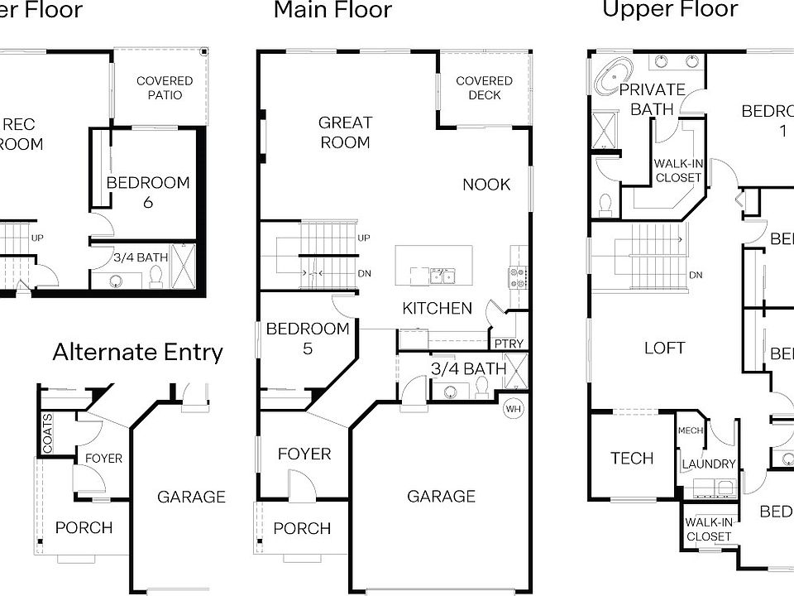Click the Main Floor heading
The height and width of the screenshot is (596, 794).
pos(332,11)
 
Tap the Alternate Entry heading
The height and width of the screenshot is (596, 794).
pos(137,352)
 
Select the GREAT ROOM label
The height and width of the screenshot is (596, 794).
pos(346,132)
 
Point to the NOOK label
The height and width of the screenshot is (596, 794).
pos(486,185)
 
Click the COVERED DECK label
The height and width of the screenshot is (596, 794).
pos(484,88)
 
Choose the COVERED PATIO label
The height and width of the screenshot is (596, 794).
pos(165,88)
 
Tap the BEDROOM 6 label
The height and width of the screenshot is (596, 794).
pos(148,192)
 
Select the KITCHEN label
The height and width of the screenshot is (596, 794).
pos(437,309)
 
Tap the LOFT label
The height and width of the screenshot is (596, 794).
pos(665,348)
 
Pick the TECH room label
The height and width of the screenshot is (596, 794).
pos(632,459)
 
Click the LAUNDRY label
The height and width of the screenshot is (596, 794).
pos(709,464)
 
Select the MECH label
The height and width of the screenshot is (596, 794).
pos(690,430)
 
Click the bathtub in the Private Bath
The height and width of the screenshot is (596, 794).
pos(613,79)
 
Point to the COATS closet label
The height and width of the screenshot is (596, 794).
pos(47,433)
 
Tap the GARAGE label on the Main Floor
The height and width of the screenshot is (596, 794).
pos(441,496)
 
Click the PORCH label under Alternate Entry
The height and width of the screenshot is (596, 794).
pos(84,527)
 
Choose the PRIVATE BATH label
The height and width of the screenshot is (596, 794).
pos(653,99)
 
